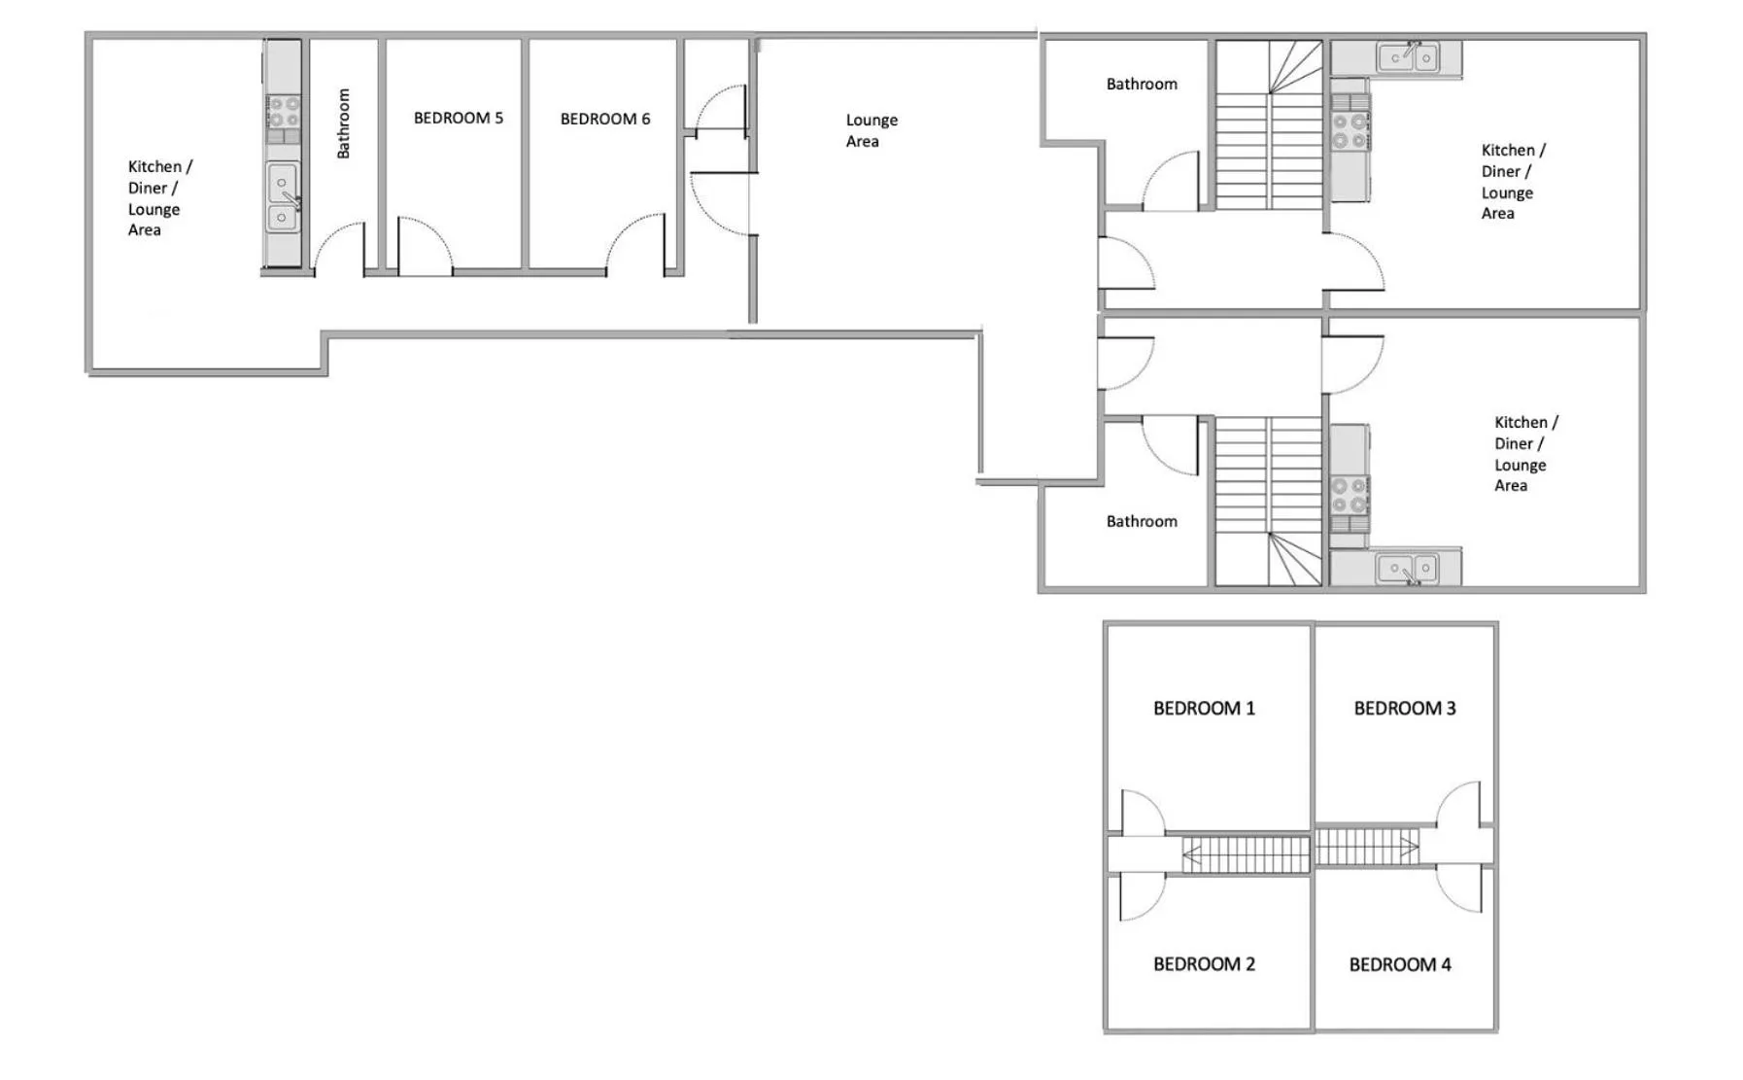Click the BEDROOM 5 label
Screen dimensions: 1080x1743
458,119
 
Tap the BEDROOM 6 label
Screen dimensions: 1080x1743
604,120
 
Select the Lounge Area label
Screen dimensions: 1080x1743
871,130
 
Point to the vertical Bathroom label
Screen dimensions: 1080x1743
343,123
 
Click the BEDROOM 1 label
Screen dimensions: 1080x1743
1203,709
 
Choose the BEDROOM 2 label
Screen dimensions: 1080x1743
1203,964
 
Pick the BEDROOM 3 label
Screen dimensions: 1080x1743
1404,709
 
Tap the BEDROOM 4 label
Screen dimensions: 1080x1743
1399,965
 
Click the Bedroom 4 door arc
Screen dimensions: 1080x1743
1459,889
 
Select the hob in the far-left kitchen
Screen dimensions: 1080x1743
283,112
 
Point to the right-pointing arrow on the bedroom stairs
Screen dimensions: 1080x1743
1407,848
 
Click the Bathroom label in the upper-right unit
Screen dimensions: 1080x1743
1141,85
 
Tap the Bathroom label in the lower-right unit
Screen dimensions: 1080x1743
1141,522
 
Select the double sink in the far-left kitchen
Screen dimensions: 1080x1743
283,198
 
